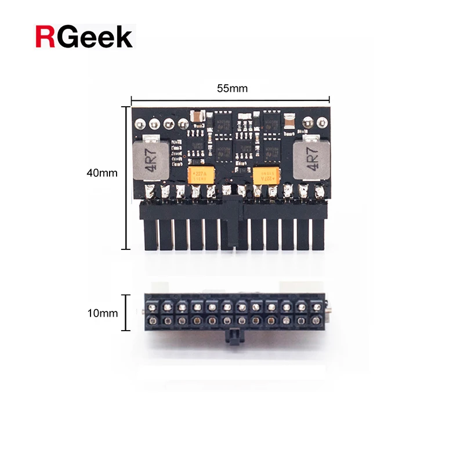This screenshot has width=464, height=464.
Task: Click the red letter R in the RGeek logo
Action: click(45, 36)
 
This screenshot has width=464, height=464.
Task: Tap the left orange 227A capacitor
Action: click(201, 175)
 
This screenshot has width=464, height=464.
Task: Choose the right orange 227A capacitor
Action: click(267, 175)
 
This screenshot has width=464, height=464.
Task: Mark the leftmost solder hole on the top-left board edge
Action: click(140, 124)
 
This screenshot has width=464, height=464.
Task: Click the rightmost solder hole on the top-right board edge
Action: click(322, 124)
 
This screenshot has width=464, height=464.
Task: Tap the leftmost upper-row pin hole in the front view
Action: click(153, 306)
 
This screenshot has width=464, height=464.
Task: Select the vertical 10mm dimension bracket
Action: click(124, 313)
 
